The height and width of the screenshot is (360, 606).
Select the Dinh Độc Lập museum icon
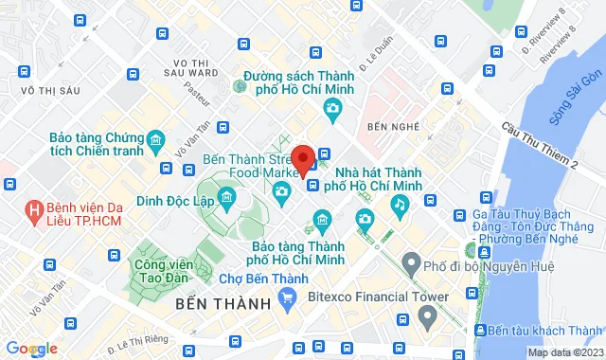pyautogui.click(x=225, y=198)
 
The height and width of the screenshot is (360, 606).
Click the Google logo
pyautogui.click(x=30, y=349)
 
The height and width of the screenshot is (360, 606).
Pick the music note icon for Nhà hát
pyautogui.click(x=401, y=204)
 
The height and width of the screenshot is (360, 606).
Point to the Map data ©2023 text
pyautogui.click(x=563, y=352)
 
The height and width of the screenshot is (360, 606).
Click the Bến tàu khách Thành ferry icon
pyautogui.click(x=476, y=331)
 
